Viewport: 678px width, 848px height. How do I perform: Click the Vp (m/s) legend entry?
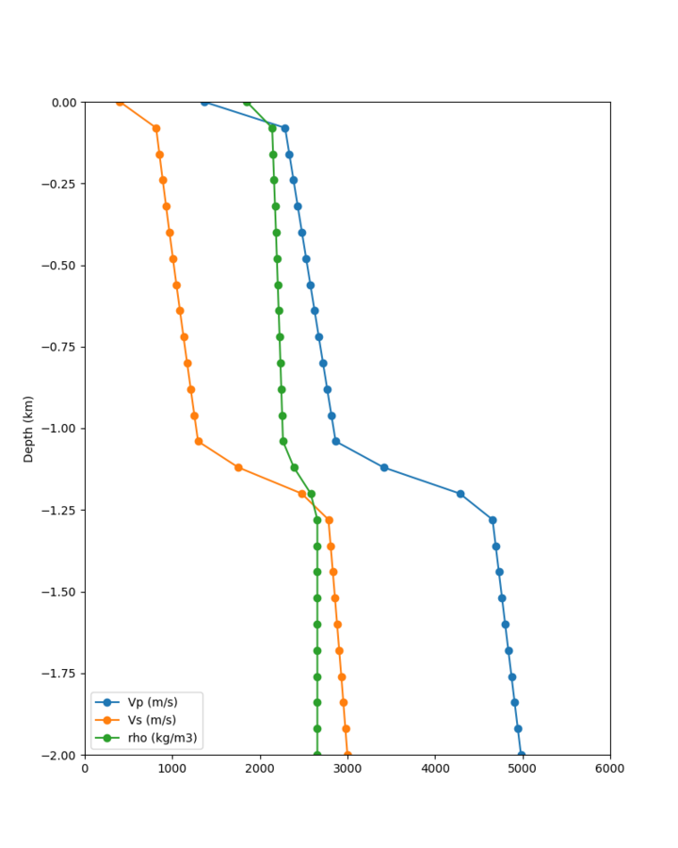tap(152, 702)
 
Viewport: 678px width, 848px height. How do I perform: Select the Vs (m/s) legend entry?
tap(152, 720)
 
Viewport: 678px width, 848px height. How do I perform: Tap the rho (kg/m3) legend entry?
tap(155, 738)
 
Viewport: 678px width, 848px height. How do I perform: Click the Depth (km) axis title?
tap(28, 429)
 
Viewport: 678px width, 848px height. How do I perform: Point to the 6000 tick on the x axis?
tap(609, 769)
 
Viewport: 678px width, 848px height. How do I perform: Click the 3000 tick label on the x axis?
tap(347, 769)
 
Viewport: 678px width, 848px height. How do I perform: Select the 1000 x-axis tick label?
tap(172, 769)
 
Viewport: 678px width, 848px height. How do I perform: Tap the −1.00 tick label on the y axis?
tap(62, 429)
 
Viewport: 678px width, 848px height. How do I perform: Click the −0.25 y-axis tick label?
tap(62, 184)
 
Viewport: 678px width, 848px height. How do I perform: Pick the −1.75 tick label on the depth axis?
tap(62, 674)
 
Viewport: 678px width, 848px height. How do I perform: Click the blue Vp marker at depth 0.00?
tap(204, 102)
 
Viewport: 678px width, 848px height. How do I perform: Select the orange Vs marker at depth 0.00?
tap(120, 102)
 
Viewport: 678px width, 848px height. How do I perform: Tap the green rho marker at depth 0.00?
tap(247, 102)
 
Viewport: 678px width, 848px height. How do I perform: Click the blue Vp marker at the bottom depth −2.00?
tap(521, 755)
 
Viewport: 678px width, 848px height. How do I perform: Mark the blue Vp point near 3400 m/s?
tap(384, 467)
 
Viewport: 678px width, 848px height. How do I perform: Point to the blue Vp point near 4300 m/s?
tap(460, 494)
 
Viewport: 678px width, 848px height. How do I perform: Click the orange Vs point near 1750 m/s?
tap(238, 467)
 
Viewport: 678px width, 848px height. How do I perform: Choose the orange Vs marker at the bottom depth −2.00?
tap(347, 755)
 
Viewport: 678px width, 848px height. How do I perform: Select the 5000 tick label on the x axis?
tap(523, 769)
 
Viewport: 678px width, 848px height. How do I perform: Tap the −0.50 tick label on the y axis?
tap(62, 266)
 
